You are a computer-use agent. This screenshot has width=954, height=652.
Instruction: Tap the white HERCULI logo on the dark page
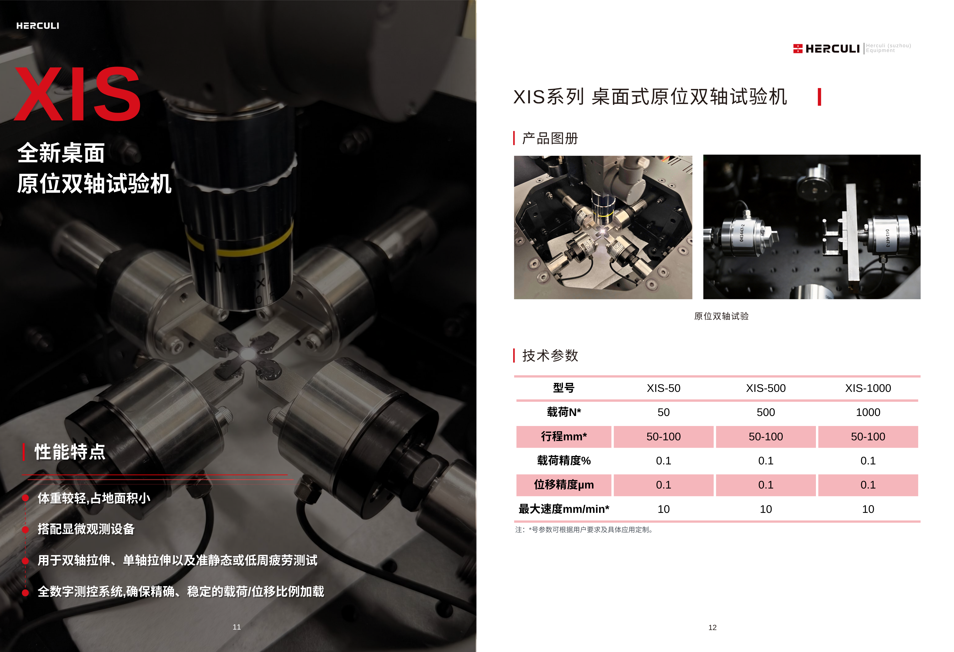(x=38, y=26)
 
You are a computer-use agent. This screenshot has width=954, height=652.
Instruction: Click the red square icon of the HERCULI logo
(x=798, y=48)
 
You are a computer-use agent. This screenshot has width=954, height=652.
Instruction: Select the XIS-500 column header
(x=766, y=388)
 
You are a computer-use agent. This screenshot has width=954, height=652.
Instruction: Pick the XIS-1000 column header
(x=868, y=388)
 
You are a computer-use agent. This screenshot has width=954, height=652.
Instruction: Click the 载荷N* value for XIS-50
(x=663, y=412)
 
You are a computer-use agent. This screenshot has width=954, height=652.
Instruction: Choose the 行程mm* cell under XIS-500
(x=766, y=436)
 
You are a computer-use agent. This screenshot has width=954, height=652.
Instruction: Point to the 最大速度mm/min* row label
(x=564, y=509)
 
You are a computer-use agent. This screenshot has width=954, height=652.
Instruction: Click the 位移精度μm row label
(x=564, y=485)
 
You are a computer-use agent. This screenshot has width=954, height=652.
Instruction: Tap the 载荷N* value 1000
(x=868, y=412)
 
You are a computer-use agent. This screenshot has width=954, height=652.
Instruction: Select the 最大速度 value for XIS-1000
(x=868, y=509)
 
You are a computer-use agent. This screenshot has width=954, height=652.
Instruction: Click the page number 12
(x=712, y=627)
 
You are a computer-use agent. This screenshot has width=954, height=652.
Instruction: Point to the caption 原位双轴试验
(x=721, y=316)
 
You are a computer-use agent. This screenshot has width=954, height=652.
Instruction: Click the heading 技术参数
(x=550, y=355)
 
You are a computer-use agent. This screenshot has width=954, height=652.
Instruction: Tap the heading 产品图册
(x=550, y=138)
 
